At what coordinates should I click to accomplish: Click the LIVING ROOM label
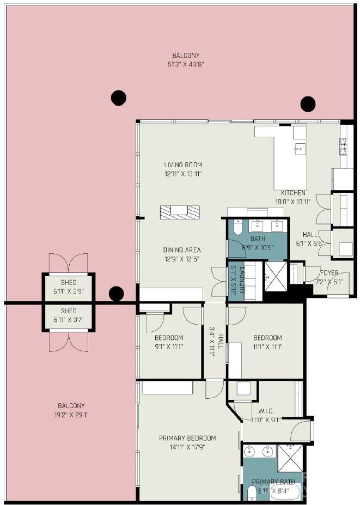click(183, 165)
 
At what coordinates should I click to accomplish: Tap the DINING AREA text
click(181, 251)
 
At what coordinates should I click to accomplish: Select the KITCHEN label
click(293, 193)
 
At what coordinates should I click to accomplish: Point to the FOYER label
click(329, 273)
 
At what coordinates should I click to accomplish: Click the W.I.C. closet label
click(266, 411)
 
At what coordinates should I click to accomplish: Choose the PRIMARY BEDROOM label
click(187, 438)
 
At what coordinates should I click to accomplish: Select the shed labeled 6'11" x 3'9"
click(69, 287)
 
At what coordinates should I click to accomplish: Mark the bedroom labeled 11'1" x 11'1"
click(267, 342)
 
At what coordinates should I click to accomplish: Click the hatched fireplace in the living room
click(179, 212)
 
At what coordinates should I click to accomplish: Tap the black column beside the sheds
click(116, 294)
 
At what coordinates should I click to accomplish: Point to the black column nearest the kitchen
click(308, 104)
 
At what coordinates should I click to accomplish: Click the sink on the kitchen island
click(299, 148)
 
